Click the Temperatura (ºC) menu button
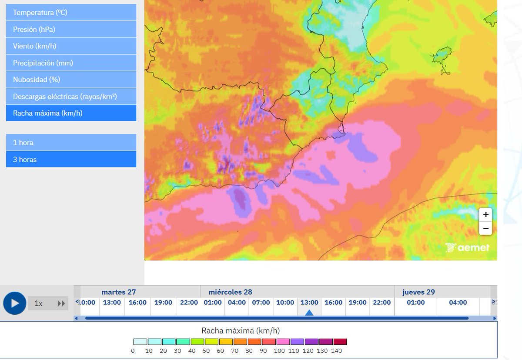(x=71, y=13)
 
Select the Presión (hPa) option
(x=71, y=30)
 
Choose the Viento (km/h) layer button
(x=71, y=46)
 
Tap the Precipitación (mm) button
(x=71, y=63)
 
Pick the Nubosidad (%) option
(x=71, y=80)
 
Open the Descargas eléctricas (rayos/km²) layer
(x=71, y=97)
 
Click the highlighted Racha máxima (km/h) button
(x=71, y=113)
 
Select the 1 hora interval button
(x=71, y=143)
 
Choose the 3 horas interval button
(x=71, y=160)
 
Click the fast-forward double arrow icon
(x=61, y=303)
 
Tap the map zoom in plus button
(x=486, y=214)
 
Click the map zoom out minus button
(x=486, y=228)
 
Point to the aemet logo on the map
(x=468, y=248)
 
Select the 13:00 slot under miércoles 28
(x=309, y=303)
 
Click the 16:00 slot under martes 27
(x=137, y=303)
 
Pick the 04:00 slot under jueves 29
(x=458, y=303)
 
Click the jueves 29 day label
(x=418, y=292)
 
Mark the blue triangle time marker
(x=309, y=313)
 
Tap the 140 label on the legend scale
(x=337, y=351)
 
